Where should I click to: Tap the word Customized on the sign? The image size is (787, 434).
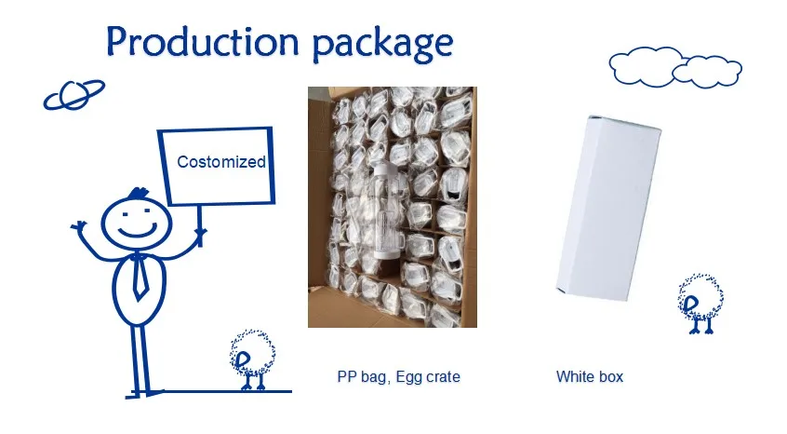(220, 162)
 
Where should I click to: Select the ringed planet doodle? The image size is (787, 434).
(74, 94)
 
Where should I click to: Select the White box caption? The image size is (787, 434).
(589, 377)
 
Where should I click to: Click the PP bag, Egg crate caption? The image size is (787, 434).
(398, 377)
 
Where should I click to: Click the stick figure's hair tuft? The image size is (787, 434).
(138, 194)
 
